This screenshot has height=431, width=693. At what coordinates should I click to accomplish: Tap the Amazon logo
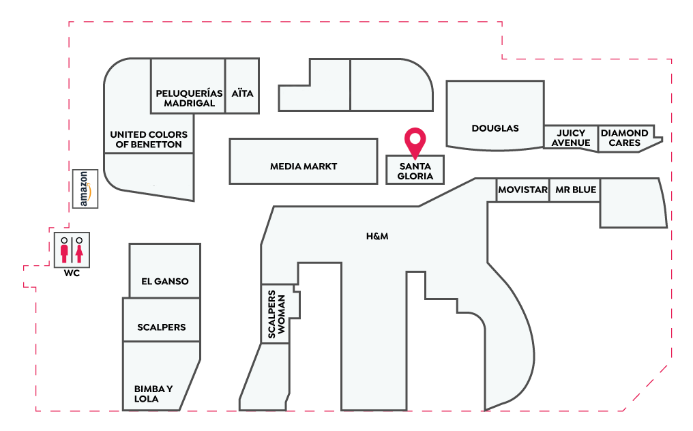coord(85,189)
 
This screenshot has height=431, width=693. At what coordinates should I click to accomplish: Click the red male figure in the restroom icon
coord(65,250)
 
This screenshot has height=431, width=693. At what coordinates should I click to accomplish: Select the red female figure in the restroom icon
coord(79,250)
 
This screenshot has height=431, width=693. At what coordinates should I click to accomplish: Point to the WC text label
coord(72,273)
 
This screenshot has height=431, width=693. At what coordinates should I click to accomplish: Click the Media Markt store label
coord(304,166)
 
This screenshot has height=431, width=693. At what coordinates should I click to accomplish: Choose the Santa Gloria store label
coord(415,171)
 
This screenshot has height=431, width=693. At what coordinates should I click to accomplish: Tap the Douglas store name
coord(495,128)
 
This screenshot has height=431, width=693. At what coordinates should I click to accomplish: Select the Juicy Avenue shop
coord(571,138)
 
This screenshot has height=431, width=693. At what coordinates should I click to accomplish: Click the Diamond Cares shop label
coord(625,138)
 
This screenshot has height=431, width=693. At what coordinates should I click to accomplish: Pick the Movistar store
coord(523,190)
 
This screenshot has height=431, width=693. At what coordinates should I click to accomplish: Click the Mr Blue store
coord(576,190)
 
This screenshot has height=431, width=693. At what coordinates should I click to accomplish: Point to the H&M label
coord(377,237)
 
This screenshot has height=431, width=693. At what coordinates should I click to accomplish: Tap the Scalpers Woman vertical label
coord(277,314)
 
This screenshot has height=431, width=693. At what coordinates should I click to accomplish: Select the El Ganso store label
coord(165,282)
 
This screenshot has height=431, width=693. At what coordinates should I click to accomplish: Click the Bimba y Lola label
coord(153,394)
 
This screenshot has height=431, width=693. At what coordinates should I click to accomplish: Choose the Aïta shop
coord(242,93)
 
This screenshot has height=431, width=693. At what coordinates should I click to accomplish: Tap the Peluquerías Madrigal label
coord(189,98)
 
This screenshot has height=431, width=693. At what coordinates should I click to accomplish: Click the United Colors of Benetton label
coord(149,139)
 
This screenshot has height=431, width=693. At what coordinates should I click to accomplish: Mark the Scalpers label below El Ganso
coord(162,327)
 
